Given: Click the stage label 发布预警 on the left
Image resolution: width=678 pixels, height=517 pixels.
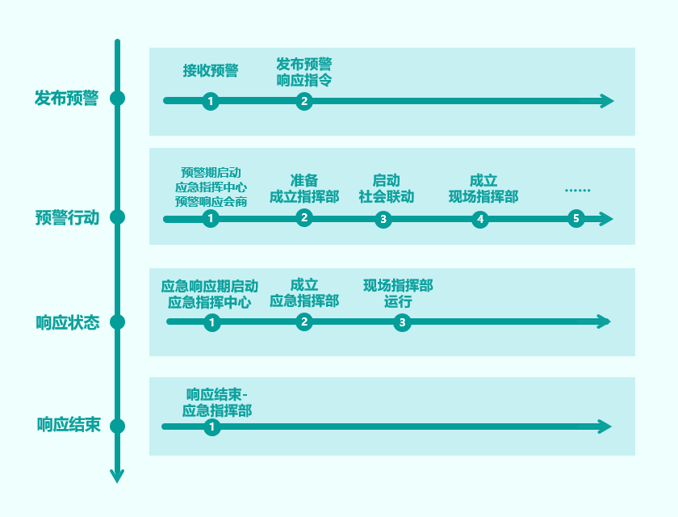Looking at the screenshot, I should coord(66,99).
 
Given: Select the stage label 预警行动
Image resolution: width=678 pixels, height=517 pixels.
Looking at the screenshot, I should coord(67,217).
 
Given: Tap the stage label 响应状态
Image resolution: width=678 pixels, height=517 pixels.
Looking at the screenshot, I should coord(67,322).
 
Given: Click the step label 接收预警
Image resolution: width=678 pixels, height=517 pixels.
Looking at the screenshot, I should coord(211,70).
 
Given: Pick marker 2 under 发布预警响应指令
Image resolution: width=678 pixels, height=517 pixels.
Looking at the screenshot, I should coord(303,101).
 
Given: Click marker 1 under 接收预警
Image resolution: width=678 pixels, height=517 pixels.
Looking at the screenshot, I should coord(211,101).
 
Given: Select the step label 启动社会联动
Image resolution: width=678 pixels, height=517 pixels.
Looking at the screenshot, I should coord(386,188).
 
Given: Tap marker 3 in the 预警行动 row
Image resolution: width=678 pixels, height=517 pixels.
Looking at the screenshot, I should coord(383,219).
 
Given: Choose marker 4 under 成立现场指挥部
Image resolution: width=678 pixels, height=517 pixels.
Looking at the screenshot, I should coord(480,219).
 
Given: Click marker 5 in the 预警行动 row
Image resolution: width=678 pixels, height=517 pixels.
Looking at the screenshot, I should coord(575,218).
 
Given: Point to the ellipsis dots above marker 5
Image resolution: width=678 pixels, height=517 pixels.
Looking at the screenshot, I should coord(577,191).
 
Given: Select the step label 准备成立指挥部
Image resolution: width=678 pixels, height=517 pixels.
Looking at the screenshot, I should coord(303,188).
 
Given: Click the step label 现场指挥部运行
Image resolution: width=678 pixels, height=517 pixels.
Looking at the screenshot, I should coord(398,293).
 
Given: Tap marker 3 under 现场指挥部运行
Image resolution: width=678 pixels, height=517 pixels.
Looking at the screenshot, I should coord(402,322).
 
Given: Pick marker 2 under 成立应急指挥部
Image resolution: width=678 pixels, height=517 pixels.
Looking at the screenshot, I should coord(304,322).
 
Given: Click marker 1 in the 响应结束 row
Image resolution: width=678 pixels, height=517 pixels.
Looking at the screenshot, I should coord(212,427).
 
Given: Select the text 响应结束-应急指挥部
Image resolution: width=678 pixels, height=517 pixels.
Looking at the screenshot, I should coord(217,402).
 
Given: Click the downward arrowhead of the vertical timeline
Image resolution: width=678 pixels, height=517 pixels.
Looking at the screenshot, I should coord(117,475).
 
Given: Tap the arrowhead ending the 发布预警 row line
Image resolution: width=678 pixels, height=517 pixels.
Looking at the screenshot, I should coord(607,101).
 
